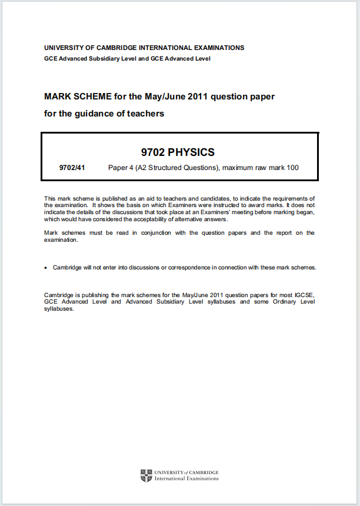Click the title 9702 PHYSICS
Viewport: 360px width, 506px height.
pos(179,152)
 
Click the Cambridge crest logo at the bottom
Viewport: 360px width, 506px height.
pos(146,475)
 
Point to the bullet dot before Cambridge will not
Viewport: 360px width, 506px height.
pos(46,268)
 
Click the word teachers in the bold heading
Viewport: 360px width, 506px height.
pos(147,114)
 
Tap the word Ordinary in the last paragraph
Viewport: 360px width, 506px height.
pos(279,302)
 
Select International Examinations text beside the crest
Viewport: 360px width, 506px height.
pos(186,478)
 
